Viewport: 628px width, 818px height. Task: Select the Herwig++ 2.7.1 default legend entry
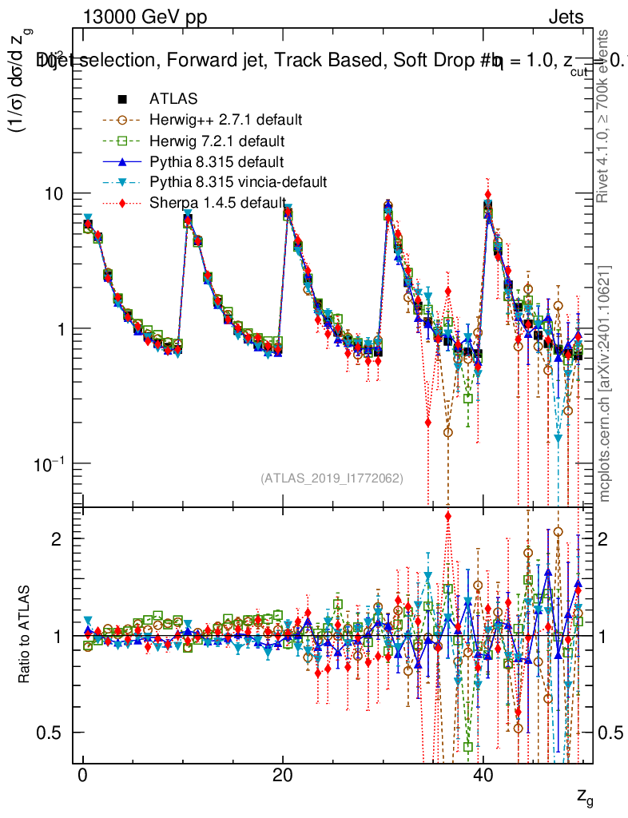[x=225, y=121]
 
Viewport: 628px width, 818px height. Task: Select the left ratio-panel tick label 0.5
[x=52, y=733]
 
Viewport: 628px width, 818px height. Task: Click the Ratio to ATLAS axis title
[x=26, y=636]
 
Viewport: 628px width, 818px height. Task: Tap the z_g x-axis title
[x=584, y=797]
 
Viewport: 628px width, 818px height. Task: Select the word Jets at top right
[x=566, y=18]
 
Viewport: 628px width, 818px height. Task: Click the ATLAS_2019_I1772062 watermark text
[x=332, y=478]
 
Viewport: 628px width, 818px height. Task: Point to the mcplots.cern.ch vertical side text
[x=606, y=383]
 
